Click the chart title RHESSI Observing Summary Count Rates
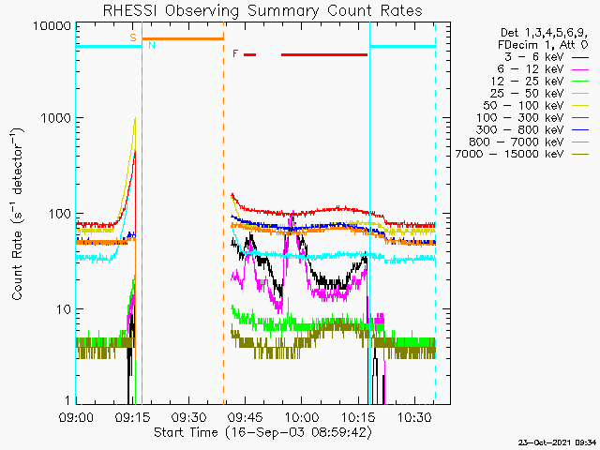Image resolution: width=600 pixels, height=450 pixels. (262, 10)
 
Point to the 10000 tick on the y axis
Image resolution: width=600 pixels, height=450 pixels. (53, 25)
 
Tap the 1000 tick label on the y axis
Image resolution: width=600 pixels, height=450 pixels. (58, 119)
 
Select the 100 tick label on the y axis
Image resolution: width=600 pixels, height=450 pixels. (62, 214)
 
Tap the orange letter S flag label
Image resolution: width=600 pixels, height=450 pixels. (133, 37)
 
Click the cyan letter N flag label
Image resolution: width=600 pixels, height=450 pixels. (152, 45)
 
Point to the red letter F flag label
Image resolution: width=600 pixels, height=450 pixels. (235, 53)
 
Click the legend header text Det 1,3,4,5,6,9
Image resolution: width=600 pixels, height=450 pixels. (542, 33)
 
